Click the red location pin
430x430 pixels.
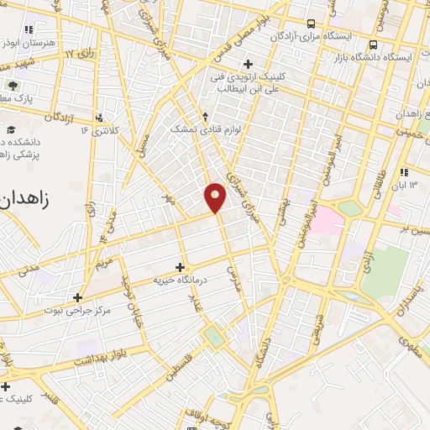216,197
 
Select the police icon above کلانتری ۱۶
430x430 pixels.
100,118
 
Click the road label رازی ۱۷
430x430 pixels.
81,55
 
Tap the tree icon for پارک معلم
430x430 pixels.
13,86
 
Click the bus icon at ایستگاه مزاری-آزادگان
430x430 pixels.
312,24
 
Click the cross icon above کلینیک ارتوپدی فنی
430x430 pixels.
247,64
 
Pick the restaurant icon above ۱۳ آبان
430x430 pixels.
404,171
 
